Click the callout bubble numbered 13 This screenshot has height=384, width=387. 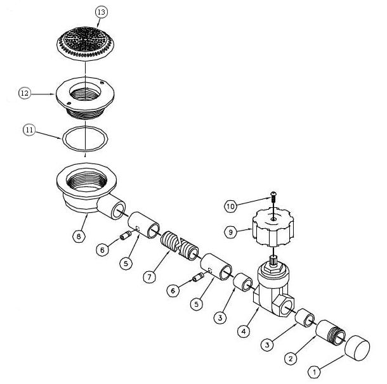[x=101, y=12]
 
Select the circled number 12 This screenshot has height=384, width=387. [x=25, y=93]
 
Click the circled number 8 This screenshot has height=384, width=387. [x=78, y=236]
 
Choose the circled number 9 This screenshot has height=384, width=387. [x=232, y=232]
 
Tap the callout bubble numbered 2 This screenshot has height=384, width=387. [x=291, y=359]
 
